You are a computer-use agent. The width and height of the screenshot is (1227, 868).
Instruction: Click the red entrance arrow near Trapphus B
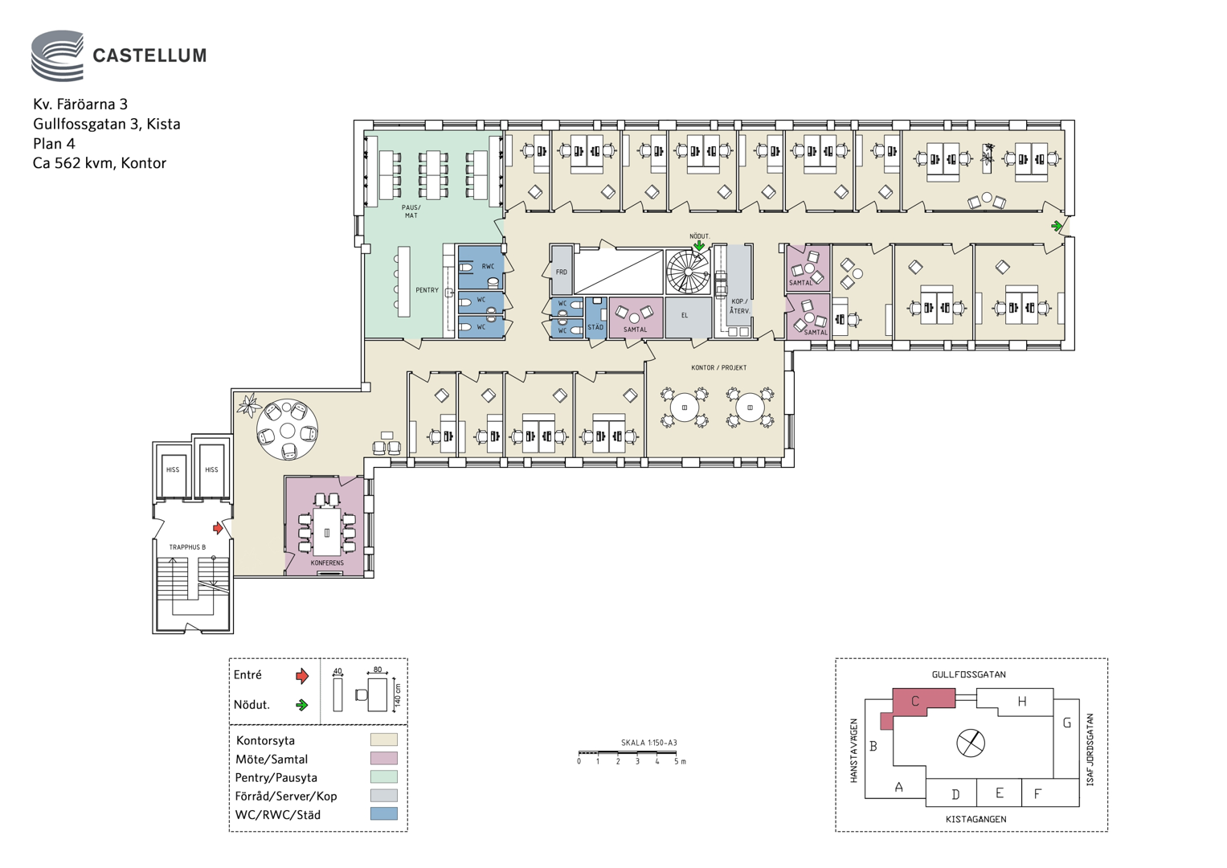tap(218, 528)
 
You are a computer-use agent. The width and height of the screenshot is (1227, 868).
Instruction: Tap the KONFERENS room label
tap(327, 563)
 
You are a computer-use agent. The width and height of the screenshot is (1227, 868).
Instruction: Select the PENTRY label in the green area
tap(427, 290)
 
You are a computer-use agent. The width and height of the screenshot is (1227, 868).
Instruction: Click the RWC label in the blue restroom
tap(488, 266)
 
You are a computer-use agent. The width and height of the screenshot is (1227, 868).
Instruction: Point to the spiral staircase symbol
tap(687, 272)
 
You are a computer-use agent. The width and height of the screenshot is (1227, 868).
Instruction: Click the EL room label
tap(684, 315)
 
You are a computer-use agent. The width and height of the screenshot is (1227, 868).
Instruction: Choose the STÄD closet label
tap(595, 327)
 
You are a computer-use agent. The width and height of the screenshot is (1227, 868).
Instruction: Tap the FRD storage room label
tap(562, 272)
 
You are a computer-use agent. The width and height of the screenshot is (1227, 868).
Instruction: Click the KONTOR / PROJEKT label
tap(718, 368)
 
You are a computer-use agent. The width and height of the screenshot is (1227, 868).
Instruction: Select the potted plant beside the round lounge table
tap(250, 404)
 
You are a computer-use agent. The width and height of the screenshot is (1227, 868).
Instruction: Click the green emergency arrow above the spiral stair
tap(699, 245)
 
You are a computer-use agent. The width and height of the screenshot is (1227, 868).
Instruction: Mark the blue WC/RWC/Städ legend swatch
tap(383, 813)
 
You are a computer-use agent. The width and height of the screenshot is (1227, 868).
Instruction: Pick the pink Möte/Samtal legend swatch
tap(383, 759)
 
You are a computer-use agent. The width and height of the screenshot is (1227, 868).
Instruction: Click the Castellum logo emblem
tap(58, 55)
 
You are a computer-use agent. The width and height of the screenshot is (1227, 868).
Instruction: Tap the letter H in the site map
tap(1021, 702)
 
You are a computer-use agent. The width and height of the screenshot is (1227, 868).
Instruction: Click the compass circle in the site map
tap(971, 743)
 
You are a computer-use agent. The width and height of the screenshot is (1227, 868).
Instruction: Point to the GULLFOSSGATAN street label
tap(968, 674)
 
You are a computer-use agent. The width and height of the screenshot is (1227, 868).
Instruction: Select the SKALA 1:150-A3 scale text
tap(648, 743)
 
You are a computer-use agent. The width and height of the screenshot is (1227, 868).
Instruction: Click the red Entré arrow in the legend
tap(302, 676)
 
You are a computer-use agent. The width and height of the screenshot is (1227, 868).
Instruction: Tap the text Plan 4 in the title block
tap(54, 144)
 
